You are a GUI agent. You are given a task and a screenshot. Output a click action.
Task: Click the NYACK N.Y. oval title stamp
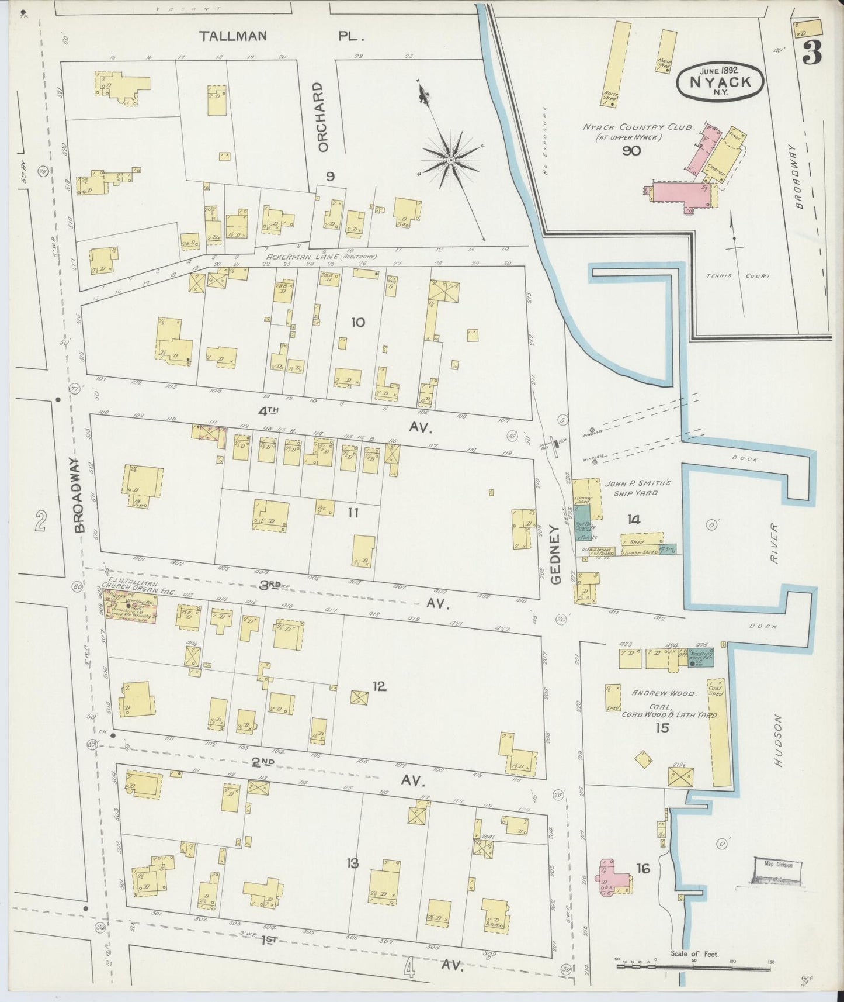720,82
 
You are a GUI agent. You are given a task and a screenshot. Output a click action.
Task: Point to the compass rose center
451,159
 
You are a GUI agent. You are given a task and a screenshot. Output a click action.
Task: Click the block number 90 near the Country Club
631,151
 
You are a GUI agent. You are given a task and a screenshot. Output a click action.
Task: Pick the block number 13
352,863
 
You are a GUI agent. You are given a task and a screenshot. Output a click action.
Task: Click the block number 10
358,322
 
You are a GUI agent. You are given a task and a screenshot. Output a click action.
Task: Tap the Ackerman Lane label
321,257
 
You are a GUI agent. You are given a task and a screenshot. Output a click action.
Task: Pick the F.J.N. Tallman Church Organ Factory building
129,607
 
